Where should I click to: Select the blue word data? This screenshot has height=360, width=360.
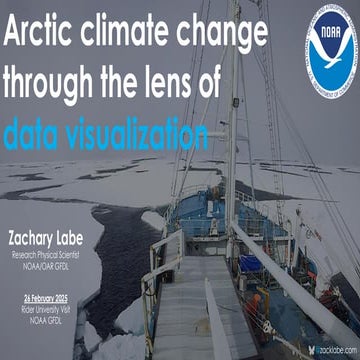(x=37, y=131)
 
